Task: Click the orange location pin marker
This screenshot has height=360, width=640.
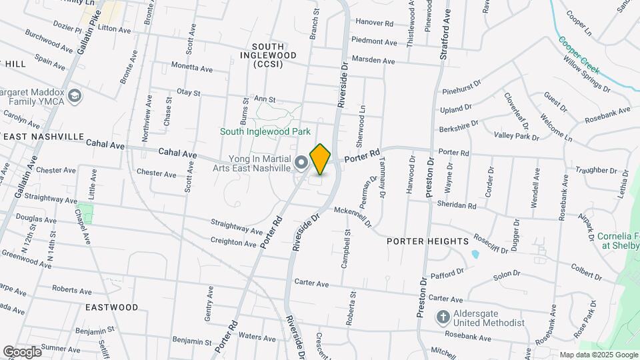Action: tap(321, 159)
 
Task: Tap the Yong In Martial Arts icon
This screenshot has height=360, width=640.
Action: tap(301, 162)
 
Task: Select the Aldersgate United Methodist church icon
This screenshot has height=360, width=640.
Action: tap(443, 317)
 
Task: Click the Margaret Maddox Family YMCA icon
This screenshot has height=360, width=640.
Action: tap(75, 96)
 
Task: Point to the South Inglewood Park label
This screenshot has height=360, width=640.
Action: tap(265, 132)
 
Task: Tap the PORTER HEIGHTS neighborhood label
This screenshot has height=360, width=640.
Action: tap(427, 241)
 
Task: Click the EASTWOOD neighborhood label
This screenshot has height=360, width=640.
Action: tap(112, 307)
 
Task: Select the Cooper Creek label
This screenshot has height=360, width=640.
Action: tap(579, 54)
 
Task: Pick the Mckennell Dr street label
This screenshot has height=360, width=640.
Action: tap(353, 217)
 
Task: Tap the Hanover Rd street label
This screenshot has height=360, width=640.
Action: tap(375, 23)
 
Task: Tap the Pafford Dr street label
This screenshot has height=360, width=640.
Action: tap(447, 273)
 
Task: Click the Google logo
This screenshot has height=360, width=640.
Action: tap(22, 351)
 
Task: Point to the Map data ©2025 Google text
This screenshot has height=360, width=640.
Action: tap(598, 355)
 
